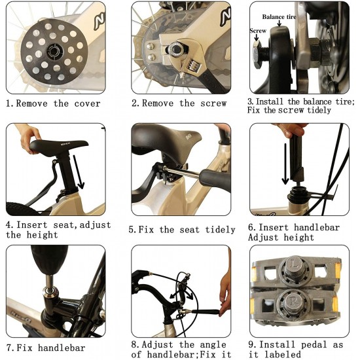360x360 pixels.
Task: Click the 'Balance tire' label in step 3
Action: tap(279, 17)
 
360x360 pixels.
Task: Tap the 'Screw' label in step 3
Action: tap(258, 31)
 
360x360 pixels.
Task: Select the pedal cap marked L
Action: tap(297, 266)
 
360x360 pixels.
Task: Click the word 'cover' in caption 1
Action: tap(87, 104)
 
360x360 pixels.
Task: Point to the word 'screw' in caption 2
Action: tap(213, 103)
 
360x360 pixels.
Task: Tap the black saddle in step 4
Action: tap(59, 147)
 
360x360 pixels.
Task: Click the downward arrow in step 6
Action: tap(285, 164)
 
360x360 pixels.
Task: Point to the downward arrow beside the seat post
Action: tap(79, 171)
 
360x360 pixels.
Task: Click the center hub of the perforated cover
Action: tap(54, 52)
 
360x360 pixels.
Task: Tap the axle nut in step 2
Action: tap(176, 49)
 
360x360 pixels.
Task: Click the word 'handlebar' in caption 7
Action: tap(62, 348)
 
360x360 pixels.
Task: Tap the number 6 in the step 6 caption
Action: tap(251, 227)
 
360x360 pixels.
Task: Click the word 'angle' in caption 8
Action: tap(213, 345)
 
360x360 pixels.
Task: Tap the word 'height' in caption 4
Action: tap(42, 235)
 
